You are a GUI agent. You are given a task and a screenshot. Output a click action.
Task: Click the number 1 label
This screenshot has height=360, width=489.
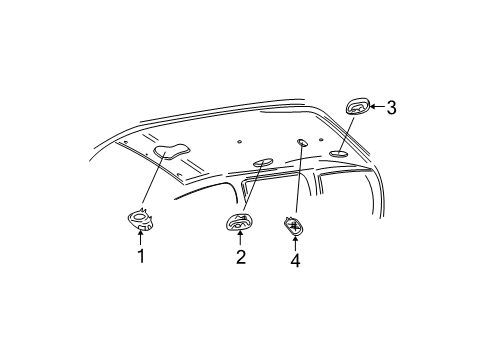pyautogui.click(x=140, y=256)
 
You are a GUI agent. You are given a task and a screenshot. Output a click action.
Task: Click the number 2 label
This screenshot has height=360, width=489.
pyautogui.click(x=240, y=257)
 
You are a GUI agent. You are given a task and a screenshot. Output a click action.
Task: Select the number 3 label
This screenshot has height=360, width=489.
pyautogui.click(x=391, y=108)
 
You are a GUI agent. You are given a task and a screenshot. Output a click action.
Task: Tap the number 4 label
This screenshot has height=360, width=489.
pyautogui.click(x=295, y=261)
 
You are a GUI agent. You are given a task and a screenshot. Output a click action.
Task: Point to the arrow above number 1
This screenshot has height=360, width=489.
pyautogui.click(x=140, y=238)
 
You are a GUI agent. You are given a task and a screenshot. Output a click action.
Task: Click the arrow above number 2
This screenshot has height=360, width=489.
pyautogui.click(x=240, y=239)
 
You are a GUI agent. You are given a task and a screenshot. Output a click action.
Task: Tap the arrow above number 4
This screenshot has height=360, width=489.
pyautogui.click(x=295, y=242)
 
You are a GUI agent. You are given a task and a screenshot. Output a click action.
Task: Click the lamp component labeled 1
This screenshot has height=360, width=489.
pyautogui.click(x=140, y=219)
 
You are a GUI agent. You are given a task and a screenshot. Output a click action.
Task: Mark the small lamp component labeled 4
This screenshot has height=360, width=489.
pyautogui.click(x=295, y=225)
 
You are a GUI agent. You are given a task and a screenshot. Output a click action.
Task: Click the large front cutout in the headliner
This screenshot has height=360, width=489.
pyautogui.click(x=172, y=152)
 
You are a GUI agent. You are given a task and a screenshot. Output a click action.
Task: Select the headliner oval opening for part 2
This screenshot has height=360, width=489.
pyautogui.click(x=264, y=161)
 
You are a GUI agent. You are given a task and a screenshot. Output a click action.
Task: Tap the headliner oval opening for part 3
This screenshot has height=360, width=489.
pyautogui.click(x=338, y=153)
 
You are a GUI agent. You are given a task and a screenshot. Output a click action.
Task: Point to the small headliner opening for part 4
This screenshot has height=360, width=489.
pyautogui.click(x=302, y=143)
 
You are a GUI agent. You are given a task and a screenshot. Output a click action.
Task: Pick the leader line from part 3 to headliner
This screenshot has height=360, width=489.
pyautogui.click(x=348, y=132)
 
